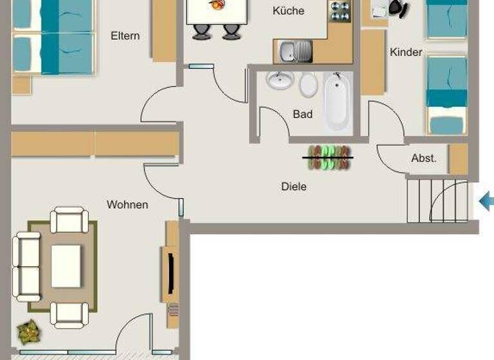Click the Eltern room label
125,36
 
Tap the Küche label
288,11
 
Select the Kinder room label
406,52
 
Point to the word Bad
302,114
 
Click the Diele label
293,187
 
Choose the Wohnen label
127,205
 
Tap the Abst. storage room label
424,158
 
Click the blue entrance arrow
487,202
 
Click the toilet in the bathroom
308,84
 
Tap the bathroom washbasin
280,81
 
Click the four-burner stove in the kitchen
340,12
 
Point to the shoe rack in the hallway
328,157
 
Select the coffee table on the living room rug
66,265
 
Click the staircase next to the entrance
437,201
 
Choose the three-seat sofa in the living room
26,267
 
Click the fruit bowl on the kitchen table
217,5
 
